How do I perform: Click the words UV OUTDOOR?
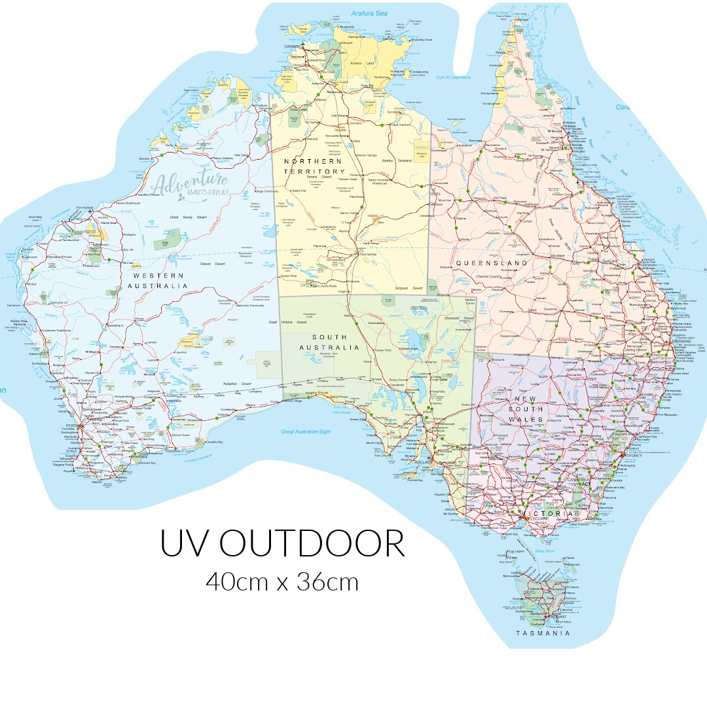click(x=283, y=543)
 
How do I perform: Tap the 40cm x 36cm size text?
click(x=282, y=581)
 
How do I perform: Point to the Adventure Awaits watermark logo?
click(x=190, y=184)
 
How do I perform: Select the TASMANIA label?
click(x=543, y=633)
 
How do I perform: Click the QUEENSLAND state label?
click(x=492, y=263)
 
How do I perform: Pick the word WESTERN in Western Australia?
click(x=158, y=275)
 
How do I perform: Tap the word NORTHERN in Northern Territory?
click(x=313, y=161)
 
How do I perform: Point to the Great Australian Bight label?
click(x=306, y=432)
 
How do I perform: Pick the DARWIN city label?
click(x=292, y=47)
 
